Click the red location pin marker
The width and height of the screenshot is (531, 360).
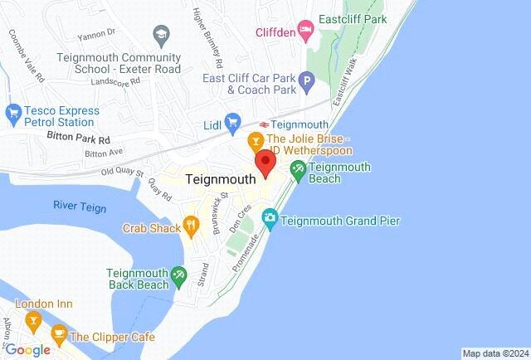pos(265,163)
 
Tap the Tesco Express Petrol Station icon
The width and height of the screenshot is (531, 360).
pos(12,111)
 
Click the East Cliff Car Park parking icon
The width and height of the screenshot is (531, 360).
pos(307,83)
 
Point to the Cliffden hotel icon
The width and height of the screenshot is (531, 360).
pos(305,32)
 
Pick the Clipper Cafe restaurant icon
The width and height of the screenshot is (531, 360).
pos(58,335)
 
